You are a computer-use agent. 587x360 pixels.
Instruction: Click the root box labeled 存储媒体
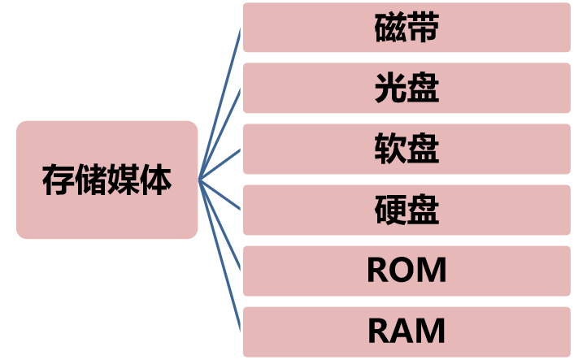point(107,180)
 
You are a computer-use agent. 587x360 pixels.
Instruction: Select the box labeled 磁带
point(407,28)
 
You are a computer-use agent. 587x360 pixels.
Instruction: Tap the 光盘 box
point(407,89)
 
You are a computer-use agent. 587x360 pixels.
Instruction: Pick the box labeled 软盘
point(407,150)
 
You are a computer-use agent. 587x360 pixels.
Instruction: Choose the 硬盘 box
point(407,210)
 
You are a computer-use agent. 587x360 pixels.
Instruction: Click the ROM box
point(407,271)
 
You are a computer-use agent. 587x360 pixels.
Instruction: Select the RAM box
point(407,332)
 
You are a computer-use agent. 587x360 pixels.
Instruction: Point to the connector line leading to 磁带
point(220,104)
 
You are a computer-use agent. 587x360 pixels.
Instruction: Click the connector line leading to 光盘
point(220,133)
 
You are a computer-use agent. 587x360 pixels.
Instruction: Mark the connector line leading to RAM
point(220,256)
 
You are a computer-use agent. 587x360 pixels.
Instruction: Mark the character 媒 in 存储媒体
point(123,180)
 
